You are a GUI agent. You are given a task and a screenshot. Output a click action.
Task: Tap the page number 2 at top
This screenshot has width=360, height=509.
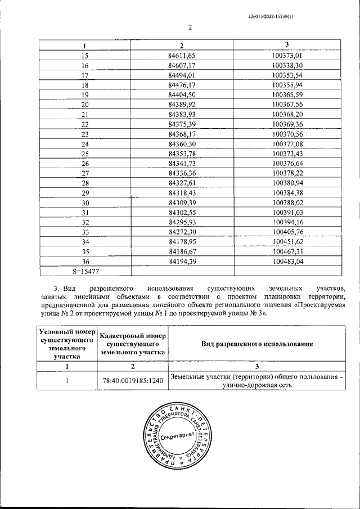point(190,26)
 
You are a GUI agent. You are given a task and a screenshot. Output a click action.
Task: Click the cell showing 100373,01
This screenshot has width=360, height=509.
point(287,55)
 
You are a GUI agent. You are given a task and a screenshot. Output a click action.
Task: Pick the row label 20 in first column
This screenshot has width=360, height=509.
point(85,104)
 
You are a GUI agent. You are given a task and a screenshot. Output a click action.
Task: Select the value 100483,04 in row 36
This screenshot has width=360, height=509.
point(287,262)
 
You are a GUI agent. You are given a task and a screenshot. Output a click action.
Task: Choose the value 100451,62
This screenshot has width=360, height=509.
point(287,242)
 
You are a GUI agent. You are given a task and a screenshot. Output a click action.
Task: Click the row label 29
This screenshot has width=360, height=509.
point(85,192)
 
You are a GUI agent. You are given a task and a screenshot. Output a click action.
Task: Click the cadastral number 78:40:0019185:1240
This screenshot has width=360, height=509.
point(133,381)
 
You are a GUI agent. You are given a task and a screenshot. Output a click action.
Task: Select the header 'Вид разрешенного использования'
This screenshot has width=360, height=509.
point(257,344)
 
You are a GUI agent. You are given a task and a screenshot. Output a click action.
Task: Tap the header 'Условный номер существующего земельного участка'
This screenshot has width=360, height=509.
point(67,344)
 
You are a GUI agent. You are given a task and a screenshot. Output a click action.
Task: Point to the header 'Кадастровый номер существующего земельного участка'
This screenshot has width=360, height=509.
point(133,344)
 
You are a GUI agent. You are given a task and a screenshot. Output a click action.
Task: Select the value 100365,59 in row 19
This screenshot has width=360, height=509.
point(287,94)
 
